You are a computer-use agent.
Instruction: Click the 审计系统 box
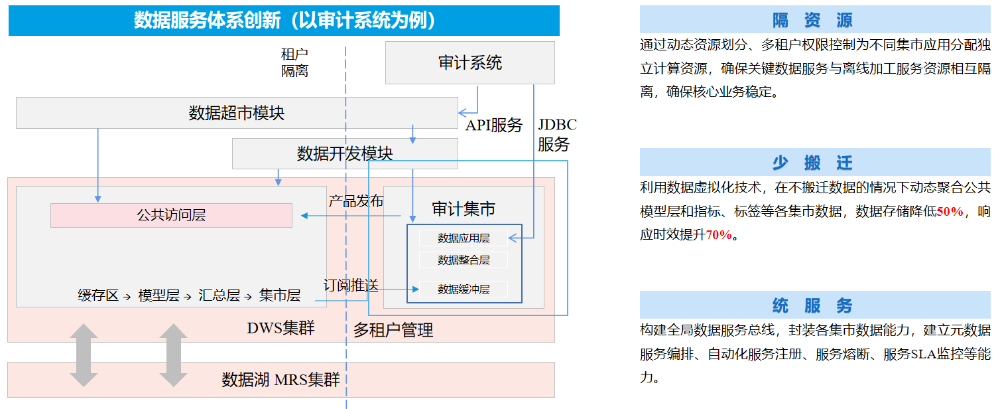click(469, 63)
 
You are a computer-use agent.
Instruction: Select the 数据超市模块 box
click(237, 113)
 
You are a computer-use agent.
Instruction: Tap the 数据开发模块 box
click(345, 154)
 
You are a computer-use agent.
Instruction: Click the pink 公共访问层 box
click(171, 215)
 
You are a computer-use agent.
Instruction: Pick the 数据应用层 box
click(464, 238)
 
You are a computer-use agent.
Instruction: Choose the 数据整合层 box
click(464, 260)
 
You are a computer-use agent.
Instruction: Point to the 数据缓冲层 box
click(464, 289)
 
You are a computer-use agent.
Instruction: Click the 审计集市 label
click(464, 209)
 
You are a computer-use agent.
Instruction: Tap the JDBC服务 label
click(556, 134)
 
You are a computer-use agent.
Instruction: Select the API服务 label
click(493, 125)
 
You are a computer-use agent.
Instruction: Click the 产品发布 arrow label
click(356, 201)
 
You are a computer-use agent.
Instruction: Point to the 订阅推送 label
click(351, 286)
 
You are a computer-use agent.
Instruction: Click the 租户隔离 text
click(294, 62)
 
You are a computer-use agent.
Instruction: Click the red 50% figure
click(950, 212)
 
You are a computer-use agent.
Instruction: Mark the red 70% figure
click(719, 235)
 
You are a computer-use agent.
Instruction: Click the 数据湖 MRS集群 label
click(281, 380)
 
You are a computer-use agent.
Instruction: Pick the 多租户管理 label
click(393, 330)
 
